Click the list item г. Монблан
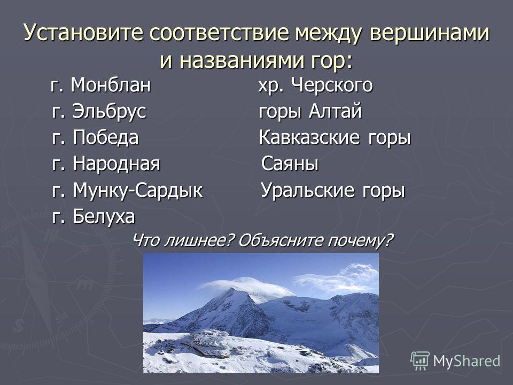pos(101,85)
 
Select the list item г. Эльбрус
pos(99,112)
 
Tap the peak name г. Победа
pos(95,137)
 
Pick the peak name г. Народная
pos(106,164)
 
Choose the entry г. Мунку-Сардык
pos(127,190)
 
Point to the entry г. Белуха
pos(93,217)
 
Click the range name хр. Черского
pos(315,86)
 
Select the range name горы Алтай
pos(310,112)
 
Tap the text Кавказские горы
pos(335,137)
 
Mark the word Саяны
pos(290,164)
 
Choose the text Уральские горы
pos(333,190)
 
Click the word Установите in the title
pos(84,33)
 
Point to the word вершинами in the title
pos(430,33)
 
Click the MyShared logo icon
pos(420,361)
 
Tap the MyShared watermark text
pos(467,361)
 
